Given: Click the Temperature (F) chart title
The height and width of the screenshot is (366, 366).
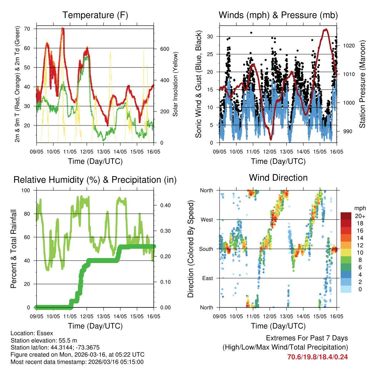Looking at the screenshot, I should click(95, 15).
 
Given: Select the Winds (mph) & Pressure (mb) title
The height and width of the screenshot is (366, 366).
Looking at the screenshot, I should click(278, 15).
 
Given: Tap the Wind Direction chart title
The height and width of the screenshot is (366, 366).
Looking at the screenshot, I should click(278, 177).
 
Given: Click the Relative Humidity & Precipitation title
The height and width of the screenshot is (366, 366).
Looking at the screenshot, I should click(95, 180).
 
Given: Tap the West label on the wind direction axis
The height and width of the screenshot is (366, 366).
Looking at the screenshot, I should click(206, 219).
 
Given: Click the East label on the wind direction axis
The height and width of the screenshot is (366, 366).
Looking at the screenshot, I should click(207, 278).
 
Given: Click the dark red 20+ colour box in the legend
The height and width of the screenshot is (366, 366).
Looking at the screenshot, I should click(346, 216).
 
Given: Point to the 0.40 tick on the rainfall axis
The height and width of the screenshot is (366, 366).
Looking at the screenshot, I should click(163, 205).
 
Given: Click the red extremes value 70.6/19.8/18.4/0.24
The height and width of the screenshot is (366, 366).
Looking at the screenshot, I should click(317, 357).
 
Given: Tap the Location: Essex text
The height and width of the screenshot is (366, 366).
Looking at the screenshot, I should click(32, 333).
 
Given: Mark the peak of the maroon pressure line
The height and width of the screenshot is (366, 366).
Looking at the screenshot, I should click(325, 30).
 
